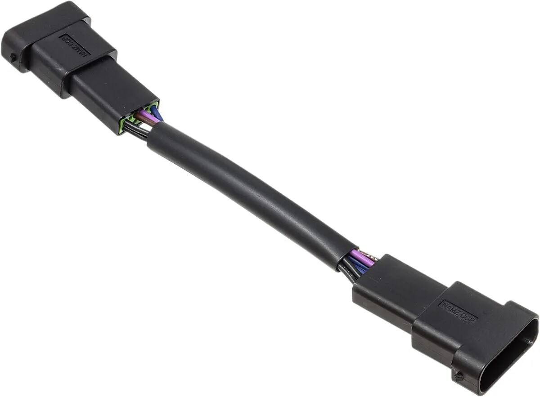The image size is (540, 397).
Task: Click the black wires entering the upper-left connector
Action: [x=135, y=131]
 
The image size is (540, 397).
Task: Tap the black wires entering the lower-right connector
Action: [x=349, y=272]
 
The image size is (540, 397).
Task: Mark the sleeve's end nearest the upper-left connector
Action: [x=155, y=135]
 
